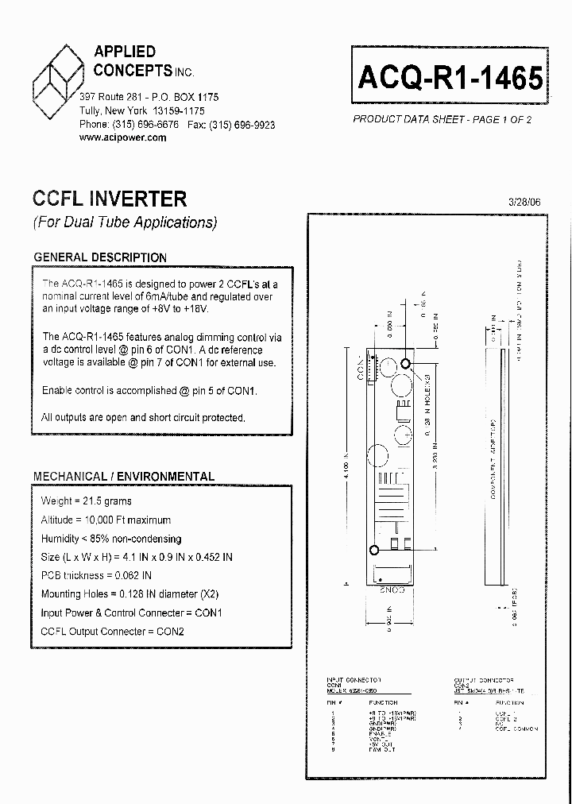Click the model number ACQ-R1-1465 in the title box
450,79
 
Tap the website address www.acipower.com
123,137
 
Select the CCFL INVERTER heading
110,199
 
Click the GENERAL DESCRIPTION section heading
100,257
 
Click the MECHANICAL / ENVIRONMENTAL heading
124,477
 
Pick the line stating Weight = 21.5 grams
87,501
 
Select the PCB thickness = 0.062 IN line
96,575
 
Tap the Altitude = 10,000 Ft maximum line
106,520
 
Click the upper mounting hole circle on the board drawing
406,364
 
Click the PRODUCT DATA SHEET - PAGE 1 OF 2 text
442,119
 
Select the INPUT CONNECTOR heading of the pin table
354,681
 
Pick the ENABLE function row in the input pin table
380,733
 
